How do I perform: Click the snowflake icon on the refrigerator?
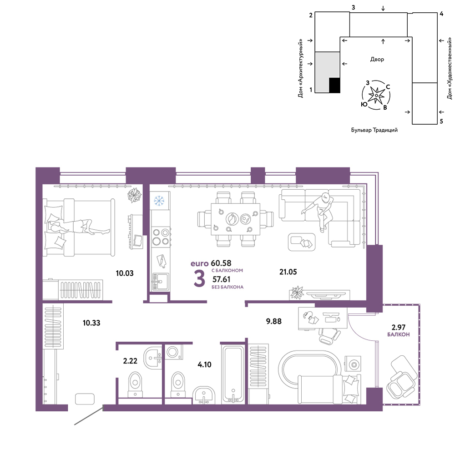(x=159, y=201)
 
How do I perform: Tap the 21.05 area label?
(x=288, y=272)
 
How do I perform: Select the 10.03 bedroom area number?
(x=125, y=273)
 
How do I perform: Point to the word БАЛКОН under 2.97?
(x=399, y=334)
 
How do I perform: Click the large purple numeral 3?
(x=199, y=278)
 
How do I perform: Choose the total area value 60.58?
(x=221, y=263)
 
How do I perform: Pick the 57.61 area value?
(x=222, y=279)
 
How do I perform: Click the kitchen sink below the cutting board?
(x=160, y=281)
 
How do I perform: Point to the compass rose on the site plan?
(x=376, y=95)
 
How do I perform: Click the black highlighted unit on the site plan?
(x=334, y=85)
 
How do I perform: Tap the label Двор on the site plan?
(x=377, y=59)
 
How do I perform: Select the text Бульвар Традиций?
(x=374, y=130)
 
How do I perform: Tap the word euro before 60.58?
(x=199, y=264)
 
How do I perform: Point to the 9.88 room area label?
(x=273, y=321)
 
